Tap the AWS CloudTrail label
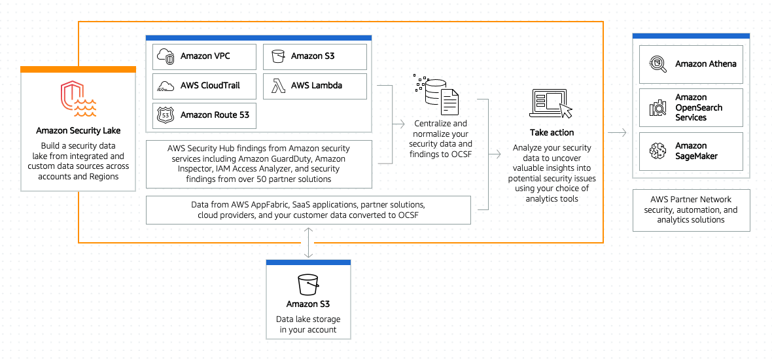point(210,85)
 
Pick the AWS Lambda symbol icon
point(276,85)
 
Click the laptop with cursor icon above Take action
point(551,103)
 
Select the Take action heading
point(552,132)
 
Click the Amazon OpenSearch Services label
point(699,107)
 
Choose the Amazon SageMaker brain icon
point(656,151)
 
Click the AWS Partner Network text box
point(690,209)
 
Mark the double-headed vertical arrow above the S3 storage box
point(308,243)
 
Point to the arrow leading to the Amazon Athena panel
point(616,133)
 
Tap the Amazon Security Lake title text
point(78,131)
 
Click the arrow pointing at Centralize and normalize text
point(397,122)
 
